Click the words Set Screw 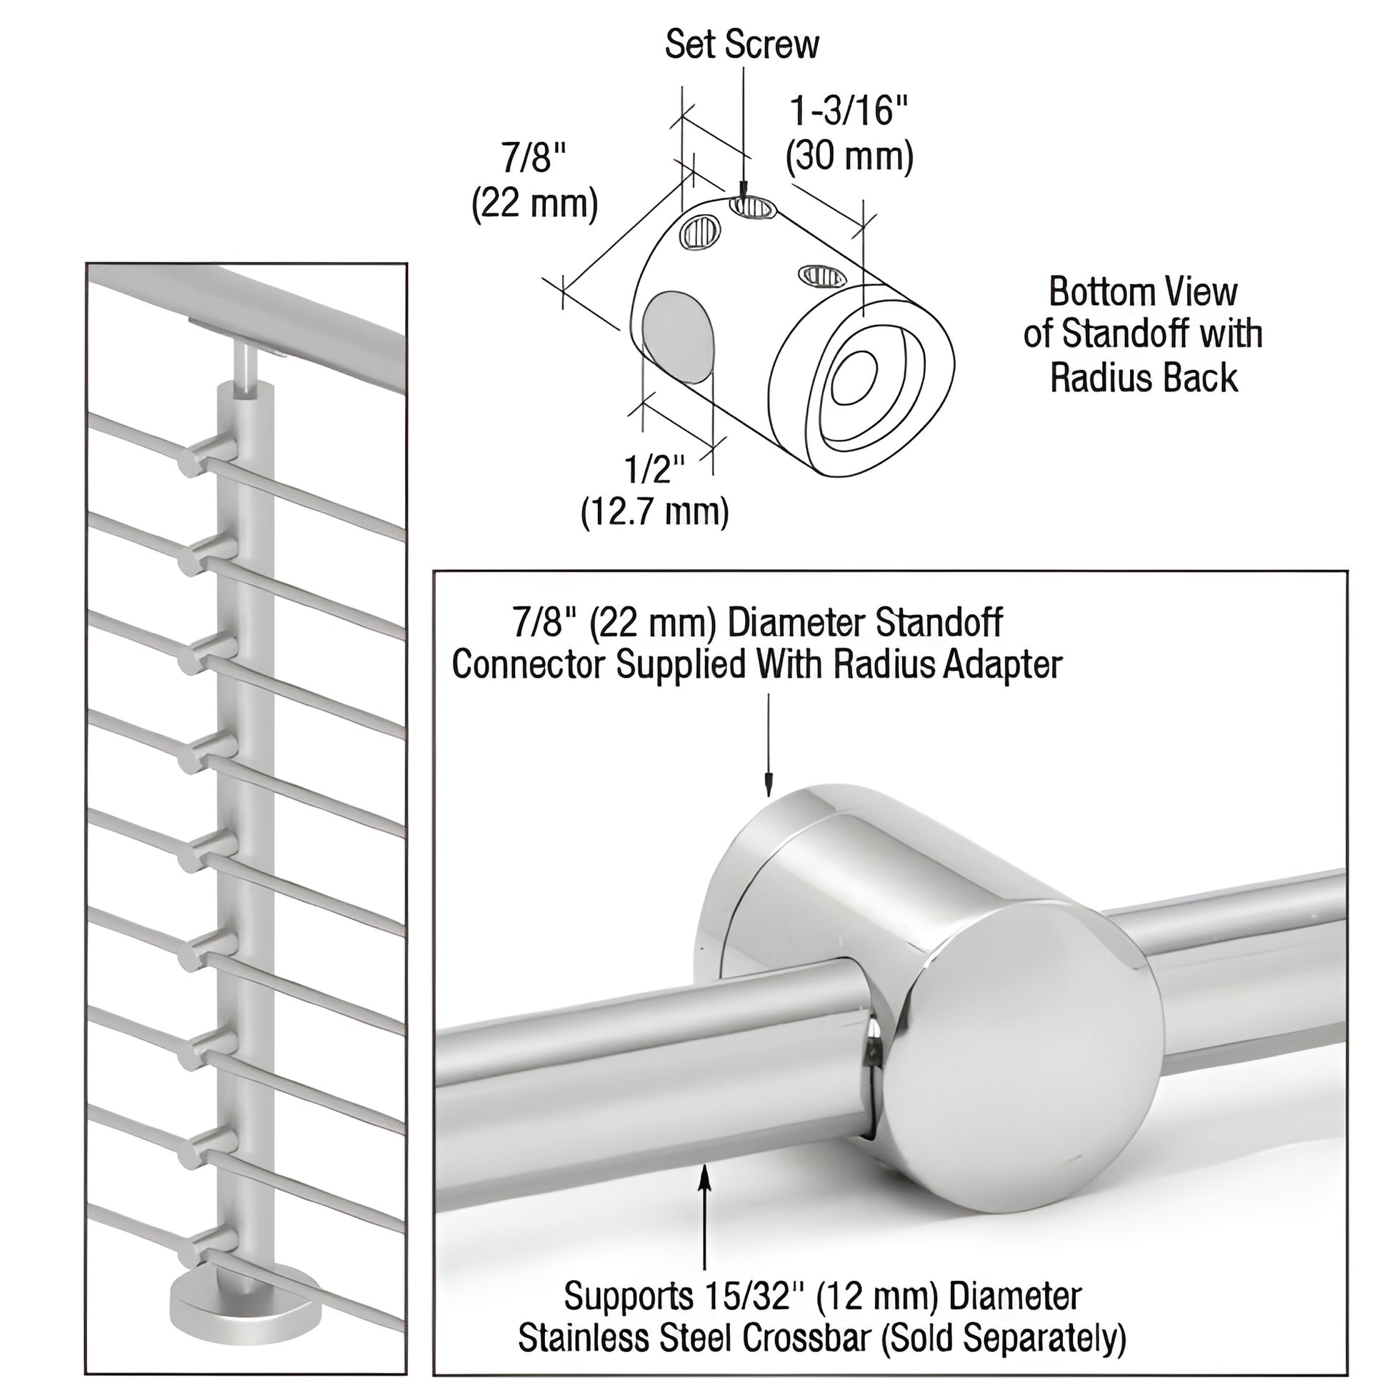click(741, 44)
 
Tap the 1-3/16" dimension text click(849, 111)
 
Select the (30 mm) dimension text click(849, 156)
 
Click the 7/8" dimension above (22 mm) click(534, 158)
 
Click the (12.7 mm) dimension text click(654, 512)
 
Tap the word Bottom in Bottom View click(1094, 292)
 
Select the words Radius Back click(1144, 379)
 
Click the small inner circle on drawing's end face click(854, 379)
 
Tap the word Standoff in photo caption click(936, 623)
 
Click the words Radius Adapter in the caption click(948, 665)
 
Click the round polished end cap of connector click(1021, 1051)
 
